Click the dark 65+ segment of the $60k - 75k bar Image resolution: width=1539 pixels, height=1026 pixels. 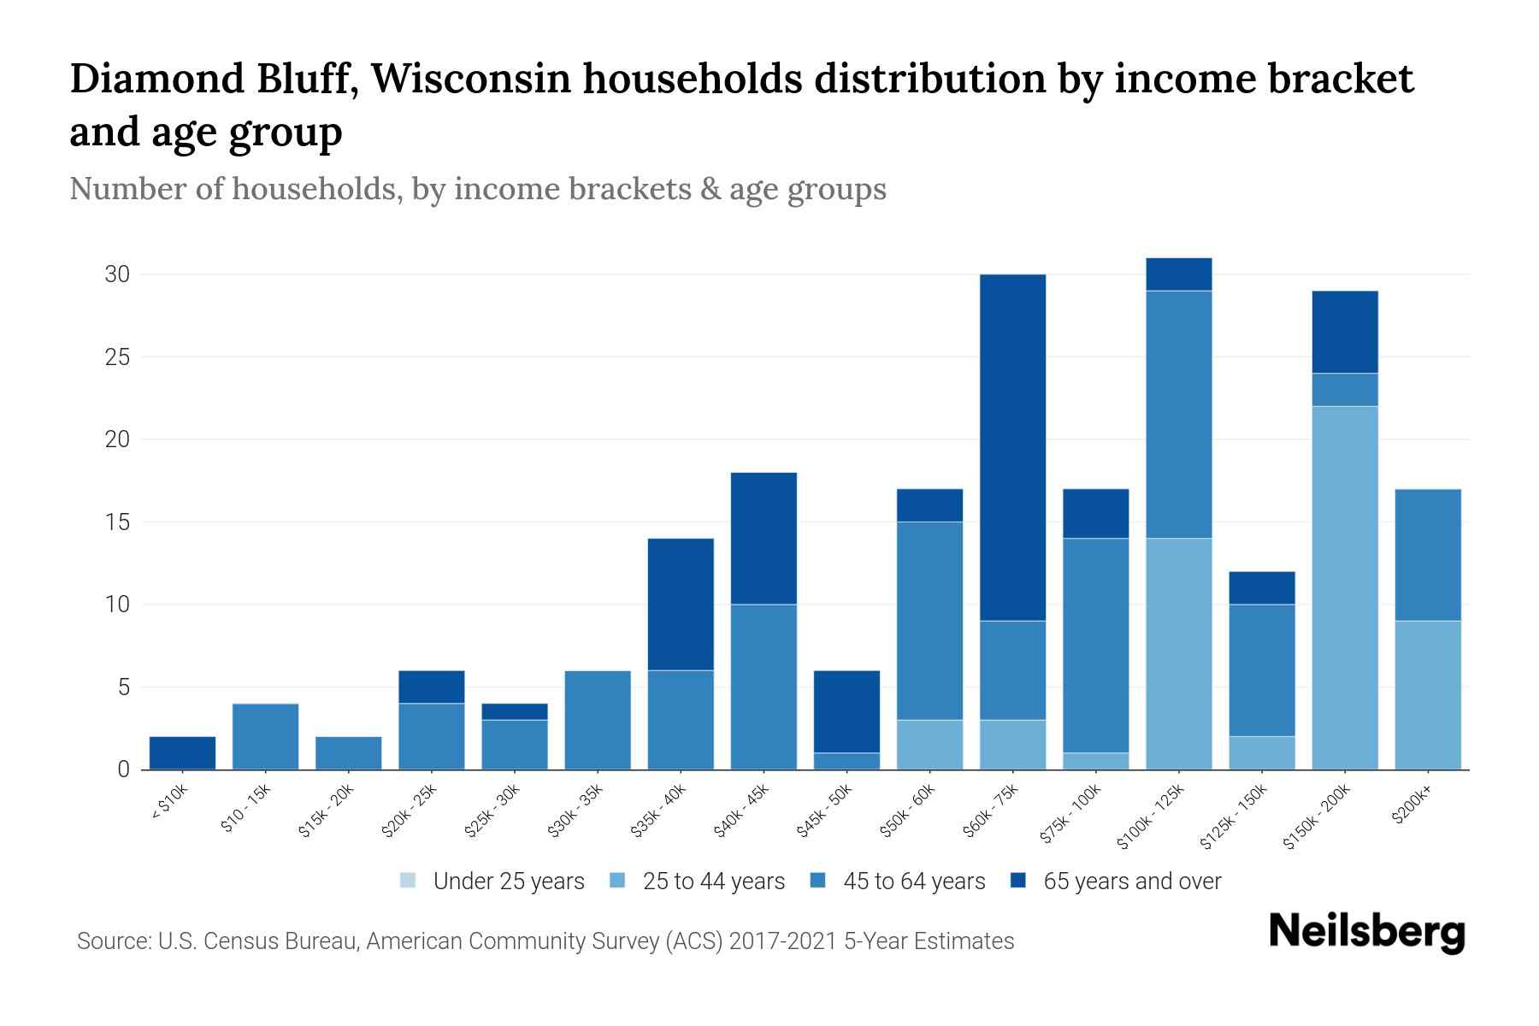tap(1012, 447)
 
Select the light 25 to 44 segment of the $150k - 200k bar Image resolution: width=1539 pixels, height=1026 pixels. tap(1344, 587)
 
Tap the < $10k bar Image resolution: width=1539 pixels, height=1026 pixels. tap(182, 752)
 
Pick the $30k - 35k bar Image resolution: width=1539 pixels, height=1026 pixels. tap(598, 720)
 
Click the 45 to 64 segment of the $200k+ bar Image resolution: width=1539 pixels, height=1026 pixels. tap(1427, 555)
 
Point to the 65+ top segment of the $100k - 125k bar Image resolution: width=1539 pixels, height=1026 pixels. tap(1178, 274)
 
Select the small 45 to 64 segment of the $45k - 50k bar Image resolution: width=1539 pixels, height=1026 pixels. tap(846, 761)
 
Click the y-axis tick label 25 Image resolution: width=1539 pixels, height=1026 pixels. tap(117, 357)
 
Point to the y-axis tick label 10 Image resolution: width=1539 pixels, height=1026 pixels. tap(117, 604)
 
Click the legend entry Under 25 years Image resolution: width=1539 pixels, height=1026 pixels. tap(508, 882)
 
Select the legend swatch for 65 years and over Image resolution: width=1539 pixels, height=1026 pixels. tap(1018, 881)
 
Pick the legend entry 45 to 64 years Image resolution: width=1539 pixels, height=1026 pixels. tap(913, 882)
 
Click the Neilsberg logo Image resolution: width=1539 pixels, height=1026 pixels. tap(1366, 932)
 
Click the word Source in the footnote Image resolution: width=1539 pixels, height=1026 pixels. tap(112, 941)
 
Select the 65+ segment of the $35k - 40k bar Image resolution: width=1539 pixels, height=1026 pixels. tap(681, 604)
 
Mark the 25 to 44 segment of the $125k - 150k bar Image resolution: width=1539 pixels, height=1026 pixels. tap(1261, 752)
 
